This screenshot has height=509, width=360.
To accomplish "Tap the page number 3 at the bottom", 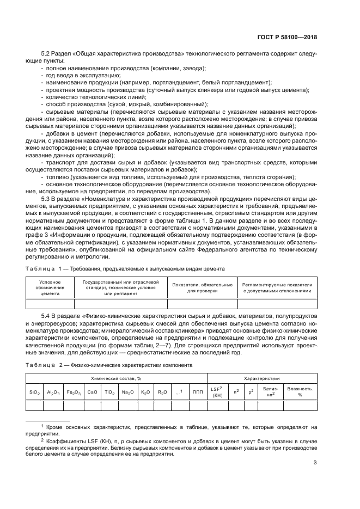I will [x=315, y=463].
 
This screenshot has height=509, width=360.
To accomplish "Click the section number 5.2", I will [x=47, y=54].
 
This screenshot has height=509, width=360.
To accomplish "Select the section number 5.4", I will [x=47, y=316].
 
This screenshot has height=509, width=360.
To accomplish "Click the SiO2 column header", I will [x=35, y=391].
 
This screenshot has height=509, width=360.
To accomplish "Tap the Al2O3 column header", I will [x=54, y=391].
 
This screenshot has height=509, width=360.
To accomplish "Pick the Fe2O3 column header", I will [x=74, y=391].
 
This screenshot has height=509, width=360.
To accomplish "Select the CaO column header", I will [x=93, y=391].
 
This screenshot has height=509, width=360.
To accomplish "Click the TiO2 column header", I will [x=109, y=391].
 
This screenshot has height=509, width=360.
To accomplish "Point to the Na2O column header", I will [x=127, y=391].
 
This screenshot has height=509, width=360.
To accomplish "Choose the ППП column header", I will [x=197, y=391].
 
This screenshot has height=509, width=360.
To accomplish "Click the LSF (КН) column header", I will [x=217, y=391].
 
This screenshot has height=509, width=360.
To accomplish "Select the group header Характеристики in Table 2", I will [x=261, y=377].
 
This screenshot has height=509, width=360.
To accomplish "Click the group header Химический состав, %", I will [x=116, y=377].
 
